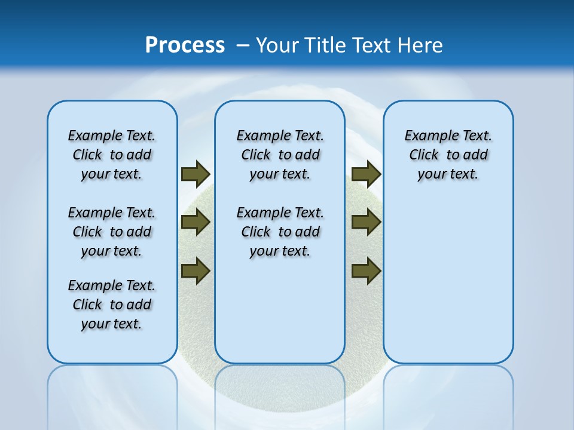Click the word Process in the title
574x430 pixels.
tap(185, 45)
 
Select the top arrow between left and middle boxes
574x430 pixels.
tap(195, 174)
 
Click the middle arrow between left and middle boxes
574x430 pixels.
tap(195, 222)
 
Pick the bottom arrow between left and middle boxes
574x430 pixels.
tap(195, 271)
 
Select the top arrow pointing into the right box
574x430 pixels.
tap(366, 174)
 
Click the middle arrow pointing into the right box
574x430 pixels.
tap(366, 222)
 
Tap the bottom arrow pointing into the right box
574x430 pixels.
tap(366, 271)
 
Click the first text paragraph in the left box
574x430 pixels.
tap(112, 155)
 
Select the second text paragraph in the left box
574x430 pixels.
tap(112, 232)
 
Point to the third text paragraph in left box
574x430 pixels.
tap(112, 305)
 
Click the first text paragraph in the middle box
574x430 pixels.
tap(280, 155)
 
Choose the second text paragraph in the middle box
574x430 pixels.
tap(280, 232)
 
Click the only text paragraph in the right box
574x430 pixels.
tap(448, 155)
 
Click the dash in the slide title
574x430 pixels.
tap(243, 45)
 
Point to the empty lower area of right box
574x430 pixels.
tap(448, 287)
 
